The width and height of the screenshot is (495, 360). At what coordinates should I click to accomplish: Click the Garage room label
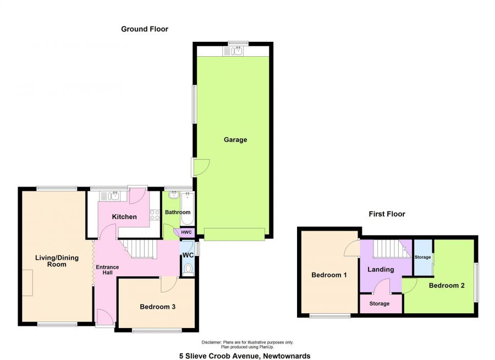[235, 140]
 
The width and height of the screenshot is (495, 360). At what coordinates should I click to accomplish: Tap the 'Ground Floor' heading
[145, 29]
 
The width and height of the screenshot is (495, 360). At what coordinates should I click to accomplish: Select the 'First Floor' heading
[387, 214]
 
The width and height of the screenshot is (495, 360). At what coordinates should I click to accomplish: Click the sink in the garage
[234, 51]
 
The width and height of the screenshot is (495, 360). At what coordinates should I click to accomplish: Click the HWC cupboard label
[186, 232]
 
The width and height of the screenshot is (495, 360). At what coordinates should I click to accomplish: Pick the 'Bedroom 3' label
[157, 307]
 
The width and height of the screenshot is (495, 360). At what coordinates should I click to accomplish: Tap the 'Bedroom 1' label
[329, 275]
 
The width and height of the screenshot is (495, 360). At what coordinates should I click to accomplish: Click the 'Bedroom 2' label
[447, 286]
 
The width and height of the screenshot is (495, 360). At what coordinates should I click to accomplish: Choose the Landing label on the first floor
[381, 270]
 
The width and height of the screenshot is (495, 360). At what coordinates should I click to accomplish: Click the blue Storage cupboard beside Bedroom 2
[422, 258]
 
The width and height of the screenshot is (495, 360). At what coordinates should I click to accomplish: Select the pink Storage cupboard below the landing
[380, 304]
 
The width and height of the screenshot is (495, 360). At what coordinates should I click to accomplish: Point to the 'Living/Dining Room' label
[57, 261]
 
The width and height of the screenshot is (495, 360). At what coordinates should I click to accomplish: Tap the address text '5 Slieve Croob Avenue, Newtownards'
[245, 356]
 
